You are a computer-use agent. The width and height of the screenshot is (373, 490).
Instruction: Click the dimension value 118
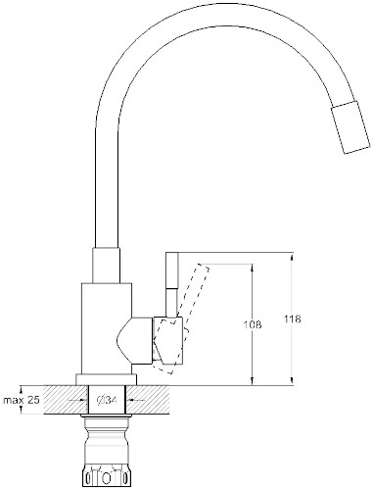click(x=293, y=318)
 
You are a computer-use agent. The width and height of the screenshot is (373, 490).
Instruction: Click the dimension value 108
click(x=253, y=324)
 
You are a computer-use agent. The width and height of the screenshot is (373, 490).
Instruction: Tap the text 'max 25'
click(x=22, y=400)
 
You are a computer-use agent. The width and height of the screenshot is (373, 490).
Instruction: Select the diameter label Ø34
click(x=107, y=400)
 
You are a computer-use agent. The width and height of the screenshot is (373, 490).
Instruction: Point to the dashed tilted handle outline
click(x=182, y=318)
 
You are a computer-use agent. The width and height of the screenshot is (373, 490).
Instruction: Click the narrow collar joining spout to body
click(x=106, y=265)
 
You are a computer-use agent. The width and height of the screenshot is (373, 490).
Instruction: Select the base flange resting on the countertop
click(x=107, y=379)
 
